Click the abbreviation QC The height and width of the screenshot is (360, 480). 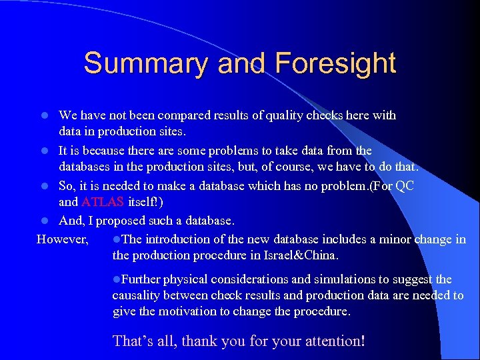[x=405, y=186]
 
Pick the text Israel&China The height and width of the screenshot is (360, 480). [x=304, y=255]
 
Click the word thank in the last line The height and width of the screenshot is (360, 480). [x=201, y=341]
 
